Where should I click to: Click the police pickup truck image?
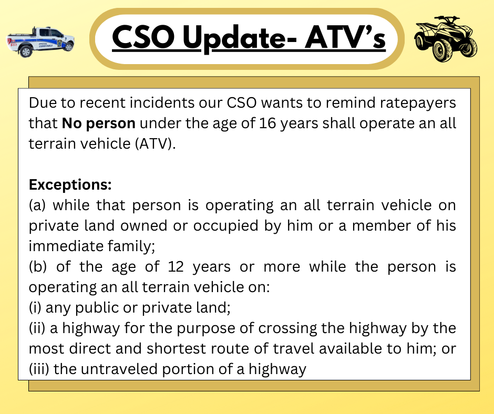[x=40, y=42]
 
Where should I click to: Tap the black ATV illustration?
[x=446, y=38]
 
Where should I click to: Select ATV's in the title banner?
[x=345, y=37]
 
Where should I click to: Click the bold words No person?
[x=99, y=123]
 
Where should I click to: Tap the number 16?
[x=267, y=123]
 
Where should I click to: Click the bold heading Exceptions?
[x=70, y=184]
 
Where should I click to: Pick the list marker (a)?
[x=37, y=205]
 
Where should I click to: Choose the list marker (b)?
[x=37, y=267]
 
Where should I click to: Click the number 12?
[x=176, y=267]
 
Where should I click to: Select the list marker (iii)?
[x=39, y=369]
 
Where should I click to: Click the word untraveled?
[x=119, y=369]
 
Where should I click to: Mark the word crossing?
[x=287, y=328]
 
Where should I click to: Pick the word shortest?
[x=176, y=349]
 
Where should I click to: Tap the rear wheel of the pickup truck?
[x=26, y=51]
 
